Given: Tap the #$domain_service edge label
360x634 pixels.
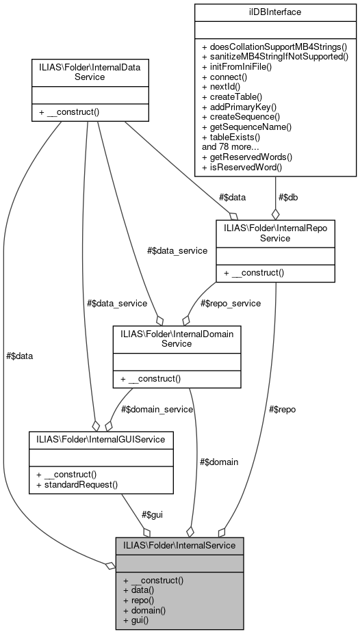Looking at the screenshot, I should coord(157,409).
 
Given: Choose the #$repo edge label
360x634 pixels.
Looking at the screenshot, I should coord(281,409).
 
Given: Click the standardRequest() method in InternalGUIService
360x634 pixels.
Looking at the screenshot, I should coord(78,484).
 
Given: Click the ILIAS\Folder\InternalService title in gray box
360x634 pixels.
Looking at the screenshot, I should coord(179,545).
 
